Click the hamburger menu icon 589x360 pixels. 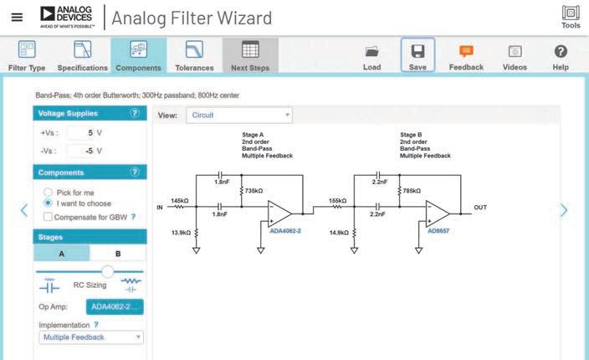(17, 17)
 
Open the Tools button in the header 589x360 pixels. (571, 17)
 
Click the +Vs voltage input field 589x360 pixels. (79, 132)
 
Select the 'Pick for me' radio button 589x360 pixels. (48, 192)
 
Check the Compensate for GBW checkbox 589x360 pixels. (48, 217)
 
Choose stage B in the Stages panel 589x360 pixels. (118, 253)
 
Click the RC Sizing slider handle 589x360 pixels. (107, 271)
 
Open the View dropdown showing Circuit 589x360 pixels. (239, 115)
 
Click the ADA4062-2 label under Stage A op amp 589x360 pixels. (286, 230)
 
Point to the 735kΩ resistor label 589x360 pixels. (255, 190)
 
